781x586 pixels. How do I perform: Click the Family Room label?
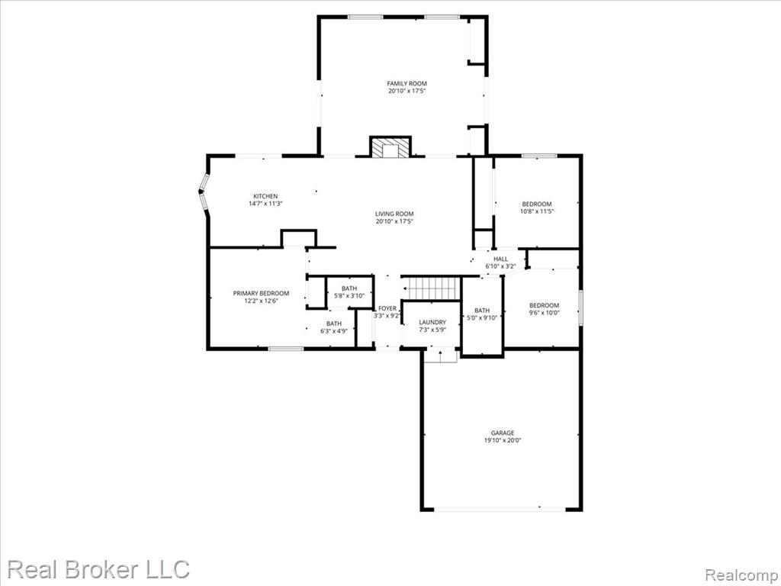coord(407,84)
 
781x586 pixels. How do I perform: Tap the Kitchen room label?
coord(265,196)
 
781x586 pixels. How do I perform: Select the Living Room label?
coord(394,214)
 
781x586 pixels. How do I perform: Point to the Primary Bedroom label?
coord(261,294)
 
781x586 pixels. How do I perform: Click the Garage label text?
coord(503,433)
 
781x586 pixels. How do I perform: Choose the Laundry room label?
coord(432,323)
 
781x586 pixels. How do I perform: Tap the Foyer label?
coord(387,308)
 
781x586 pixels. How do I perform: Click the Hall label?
coord(500,259)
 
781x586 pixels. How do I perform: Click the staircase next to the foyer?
coord(431,288)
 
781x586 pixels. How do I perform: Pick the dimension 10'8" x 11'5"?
coord(537,211)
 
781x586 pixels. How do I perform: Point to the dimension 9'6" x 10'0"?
coord(544,313)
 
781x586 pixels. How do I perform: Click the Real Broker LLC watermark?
coord(98,569)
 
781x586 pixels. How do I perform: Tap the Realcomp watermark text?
coord(741,575)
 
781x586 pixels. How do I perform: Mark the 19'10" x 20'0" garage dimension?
coord(503,440)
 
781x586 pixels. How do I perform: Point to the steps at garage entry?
coord(441,356)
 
